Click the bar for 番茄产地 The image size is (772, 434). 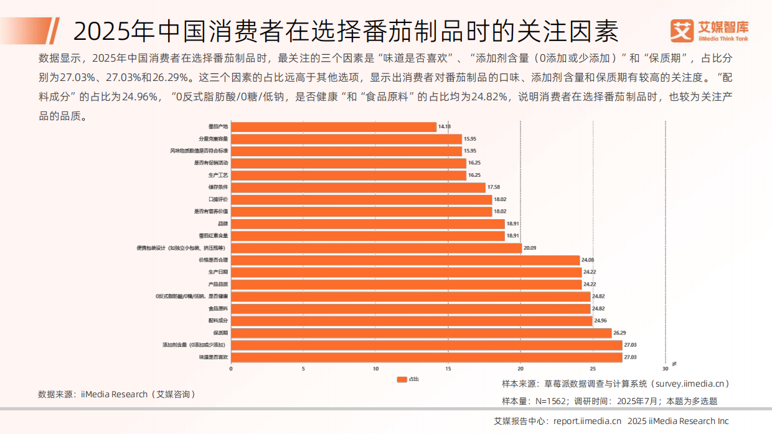point(334,126)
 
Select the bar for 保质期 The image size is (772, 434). point(421,333)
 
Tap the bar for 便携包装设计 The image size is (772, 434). point(376,248)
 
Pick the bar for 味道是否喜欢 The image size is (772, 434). point(426,357)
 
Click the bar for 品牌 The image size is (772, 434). point(367,224)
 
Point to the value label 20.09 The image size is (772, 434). point(530,248)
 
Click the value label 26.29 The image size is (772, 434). point(620,333)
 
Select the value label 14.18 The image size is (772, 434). point(444,126)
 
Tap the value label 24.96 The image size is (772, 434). point(600,321)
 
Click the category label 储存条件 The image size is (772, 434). point(218,187)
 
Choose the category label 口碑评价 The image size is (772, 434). point(218,199)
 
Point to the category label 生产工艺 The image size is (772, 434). point(218,175)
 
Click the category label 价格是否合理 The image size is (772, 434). point(213,260)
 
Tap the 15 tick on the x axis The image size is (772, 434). point(448,368)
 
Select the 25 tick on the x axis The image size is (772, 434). point(593,368)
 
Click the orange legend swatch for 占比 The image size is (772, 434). point(402,379)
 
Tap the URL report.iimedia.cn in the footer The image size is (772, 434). point(586,422)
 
